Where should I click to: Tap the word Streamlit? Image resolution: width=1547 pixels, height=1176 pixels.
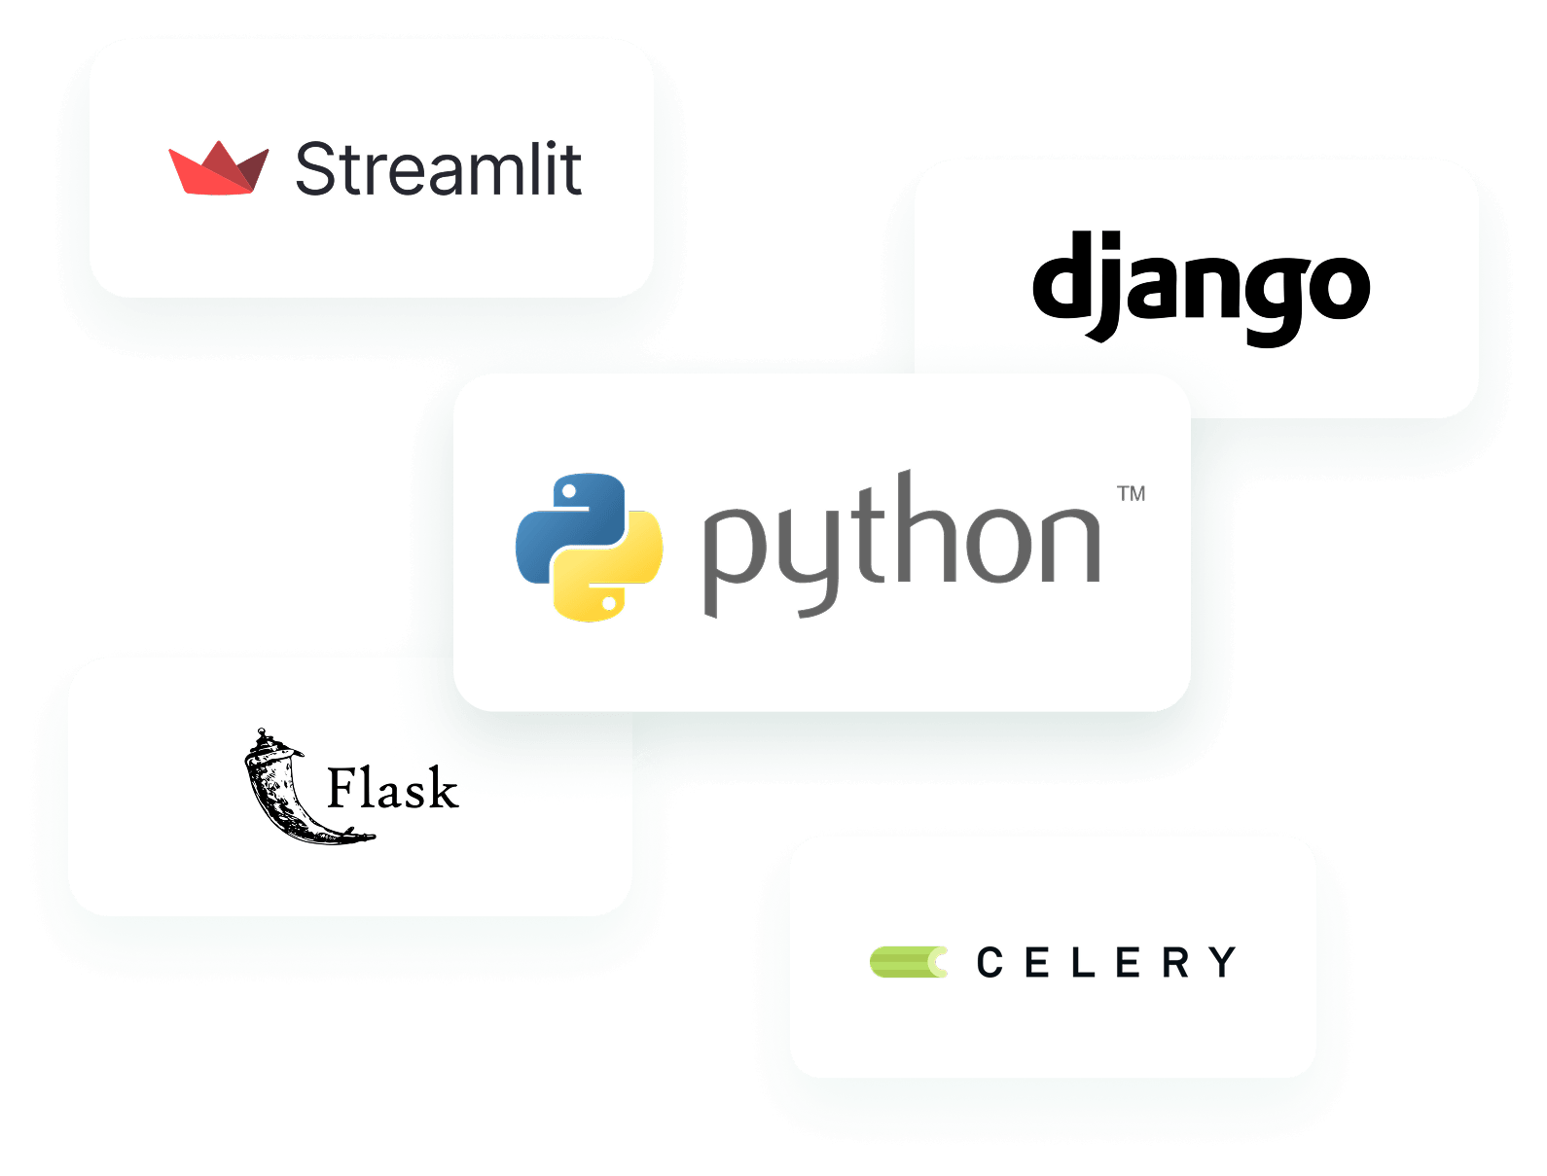439,168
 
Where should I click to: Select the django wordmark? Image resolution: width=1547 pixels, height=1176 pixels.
1201,288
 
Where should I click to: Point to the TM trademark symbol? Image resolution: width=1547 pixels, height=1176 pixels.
1131,493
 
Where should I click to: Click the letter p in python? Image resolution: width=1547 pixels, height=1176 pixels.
736,560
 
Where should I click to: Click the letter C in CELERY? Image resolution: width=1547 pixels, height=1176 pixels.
989,962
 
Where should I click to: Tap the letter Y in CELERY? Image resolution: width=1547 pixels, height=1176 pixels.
1222,962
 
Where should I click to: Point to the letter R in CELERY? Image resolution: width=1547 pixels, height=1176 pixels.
1175,962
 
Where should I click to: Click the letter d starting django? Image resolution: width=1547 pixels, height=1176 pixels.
1062,273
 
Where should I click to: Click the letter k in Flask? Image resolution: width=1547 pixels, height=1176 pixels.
443,786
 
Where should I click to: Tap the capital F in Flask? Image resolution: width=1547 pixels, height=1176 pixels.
345,788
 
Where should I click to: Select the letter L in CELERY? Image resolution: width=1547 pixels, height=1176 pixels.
1083,962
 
